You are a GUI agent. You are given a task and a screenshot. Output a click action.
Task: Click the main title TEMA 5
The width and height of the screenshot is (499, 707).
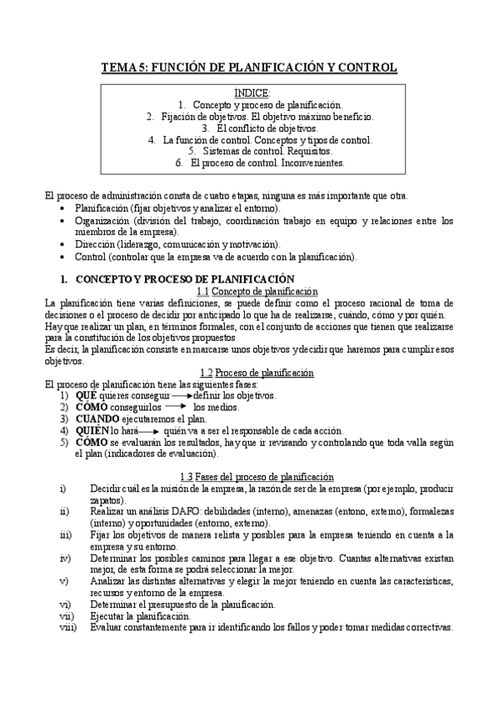pyautogui.click(x=249, y=68)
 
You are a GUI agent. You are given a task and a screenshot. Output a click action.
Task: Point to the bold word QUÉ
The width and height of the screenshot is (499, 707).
pyautogui.click(x=86, y=395)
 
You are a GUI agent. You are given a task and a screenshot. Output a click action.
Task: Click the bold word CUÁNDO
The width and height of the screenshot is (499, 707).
pyautogui.click(x=98, y=419)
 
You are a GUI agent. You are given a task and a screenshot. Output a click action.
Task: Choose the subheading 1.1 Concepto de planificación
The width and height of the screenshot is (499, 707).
pyautogui.click(x=257, y=291)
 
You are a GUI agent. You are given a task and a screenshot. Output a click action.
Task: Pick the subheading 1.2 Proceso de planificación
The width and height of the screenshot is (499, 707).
pyautogui.click(x=257, y=372)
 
